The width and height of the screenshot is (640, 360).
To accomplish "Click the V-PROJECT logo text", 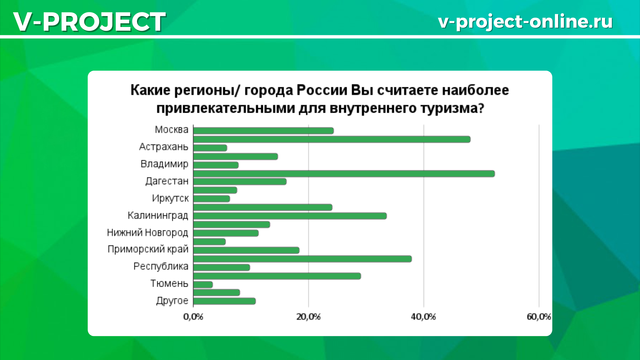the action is click(89, 22).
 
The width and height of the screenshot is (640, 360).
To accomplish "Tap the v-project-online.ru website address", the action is click(525, 22).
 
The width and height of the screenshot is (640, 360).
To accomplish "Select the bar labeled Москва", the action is click(263, 131).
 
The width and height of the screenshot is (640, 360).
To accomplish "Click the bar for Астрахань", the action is click(210, 148).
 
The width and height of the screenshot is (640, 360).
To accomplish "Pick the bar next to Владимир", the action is click(216, 165).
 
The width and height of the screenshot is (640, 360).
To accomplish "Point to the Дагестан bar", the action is click(240, 182).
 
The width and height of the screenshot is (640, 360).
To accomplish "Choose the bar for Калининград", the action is click(290, 216).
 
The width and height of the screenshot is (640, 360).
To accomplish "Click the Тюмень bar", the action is click(203, 285).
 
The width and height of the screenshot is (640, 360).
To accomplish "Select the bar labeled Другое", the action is click(224, 301).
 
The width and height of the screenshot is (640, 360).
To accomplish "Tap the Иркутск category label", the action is click(170, 198).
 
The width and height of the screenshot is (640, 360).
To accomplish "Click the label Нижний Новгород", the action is click(148, 232).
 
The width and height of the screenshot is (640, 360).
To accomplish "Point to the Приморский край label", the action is click(148, 249).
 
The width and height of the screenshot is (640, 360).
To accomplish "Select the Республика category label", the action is click(161, 266).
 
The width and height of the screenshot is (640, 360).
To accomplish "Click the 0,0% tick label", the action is click(193, 317).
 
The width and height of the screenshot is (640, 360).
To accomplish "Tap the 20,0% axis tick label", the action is click(308, 317).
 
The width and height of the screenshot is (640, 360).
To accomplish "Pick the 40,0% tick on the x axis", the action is click(423, 317).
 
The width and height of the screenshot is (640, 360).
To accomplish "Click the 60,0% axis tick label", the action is click(539, 317).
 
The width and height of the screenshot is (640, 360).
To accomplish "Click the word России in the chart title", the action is click(322, 90).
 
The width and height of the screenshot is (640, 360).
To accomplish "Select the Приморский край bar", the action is click(246, 250).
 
